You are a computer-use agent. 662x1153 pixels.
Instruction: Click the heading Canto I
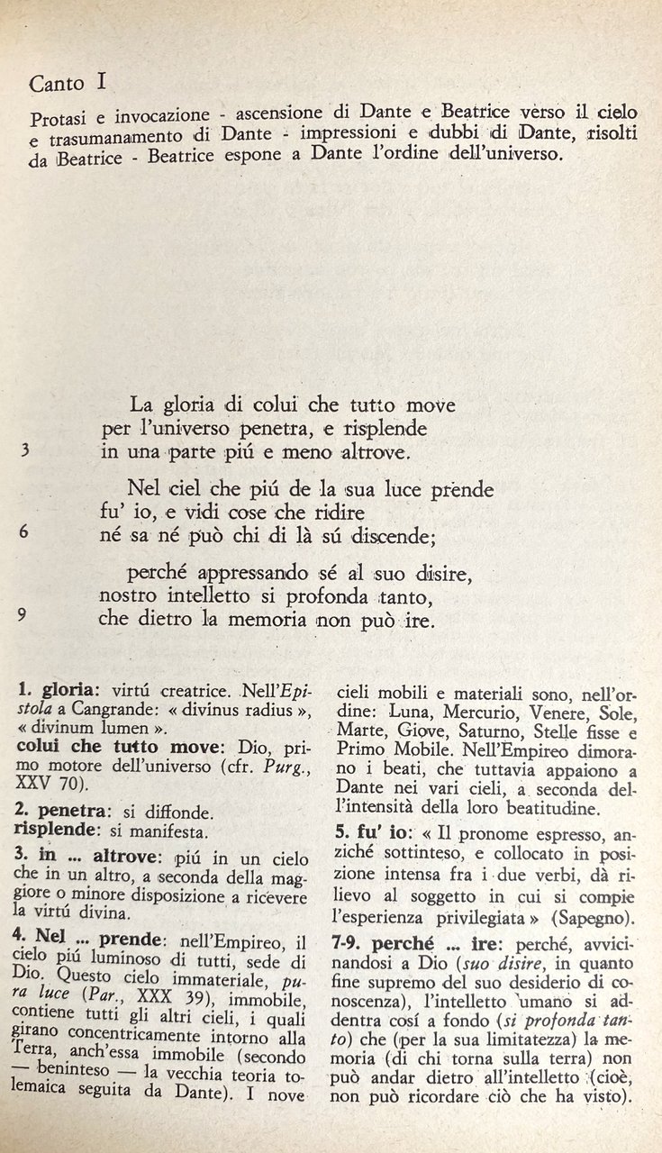[x=68, y=85]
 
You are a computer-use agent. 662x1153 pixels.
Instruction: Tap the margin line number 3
[x=24, y=451]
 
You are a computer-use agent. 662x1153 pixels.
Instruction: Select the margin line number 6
[x=24, y=531]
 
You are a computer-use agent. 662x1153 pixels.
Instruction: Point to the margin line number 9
[x=23, y=614]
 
